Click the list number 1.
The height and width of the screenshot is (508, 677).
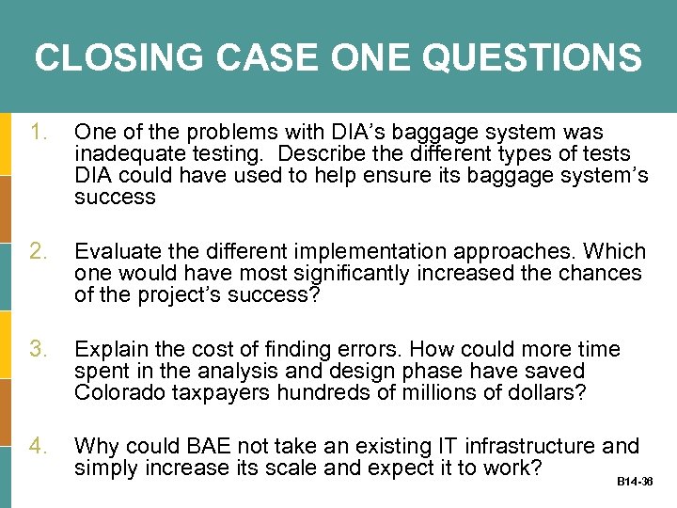click(x=39, y=133)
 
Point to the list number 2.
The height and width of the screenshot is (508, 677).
click(x=39, y=252)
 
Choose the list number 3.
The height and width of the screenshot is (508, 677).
click(x=39, y=350)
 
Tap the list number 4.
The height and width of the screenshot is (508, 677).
click(x=39, y=447)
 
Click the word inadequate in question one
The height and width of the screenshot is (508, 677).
click(x=126, y=154)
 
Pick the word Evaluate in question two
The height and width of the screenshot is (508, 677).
click(x=117, y=252)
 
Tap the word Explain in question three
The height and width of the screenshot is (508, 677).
click(x=109, y=350)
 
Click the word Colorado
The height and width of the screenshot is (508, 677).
click(x=117, y=393)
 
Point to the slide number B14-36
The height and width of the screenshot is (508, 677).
click(x=635, y=481)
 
